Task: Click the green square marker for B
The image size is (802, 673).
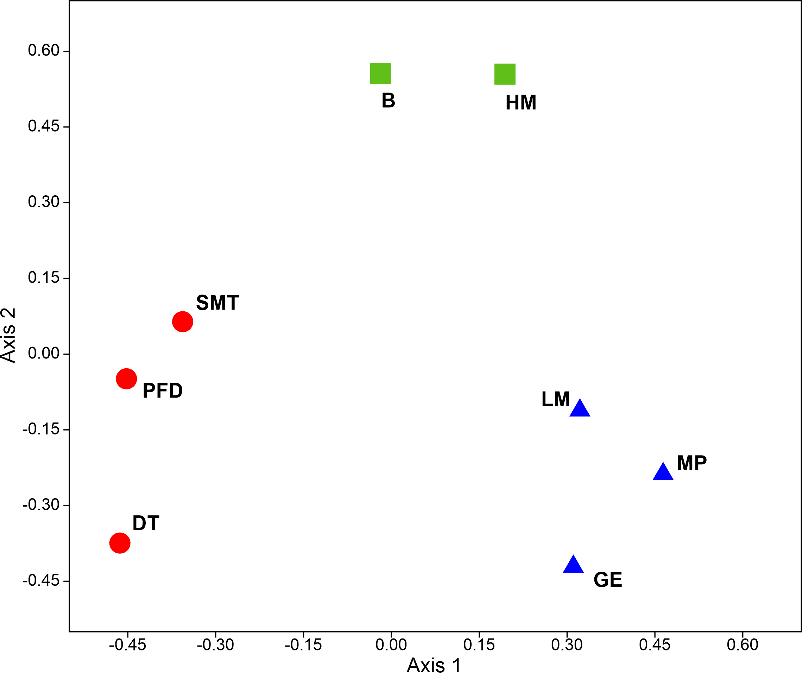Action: (380, 73)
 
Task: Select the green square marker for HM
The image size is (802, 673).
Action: (505, 74)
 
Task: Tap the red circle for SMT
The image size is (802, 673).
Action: (183, 322)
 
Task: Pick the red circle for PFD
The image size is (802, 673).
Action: (126, 379)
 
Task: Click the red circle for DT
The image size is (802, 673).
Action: (120, 543)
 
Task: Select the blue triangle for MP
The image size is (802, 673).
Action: (663, 472)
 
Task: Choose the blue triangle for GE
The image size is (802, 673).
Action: (573, 565)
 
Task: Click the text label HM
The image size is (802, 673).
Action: (521, 103)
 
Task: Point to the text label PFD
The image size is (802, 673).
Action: (163, 391)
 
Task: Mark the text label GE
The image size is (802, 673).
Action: (608, 580)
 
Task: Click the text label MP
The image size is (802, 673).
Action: (692, 463)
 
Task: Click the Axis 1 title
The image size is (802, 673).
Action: (434, 665)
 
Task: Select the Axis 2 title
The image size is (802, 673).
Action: (8, 335)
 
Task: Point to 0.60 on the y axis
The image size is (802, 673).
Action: (44, 50)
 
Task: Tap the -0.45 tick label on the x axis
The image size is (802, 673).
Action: (127, 645)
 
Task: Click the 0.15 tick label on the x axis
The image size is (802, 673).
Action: (479, 645)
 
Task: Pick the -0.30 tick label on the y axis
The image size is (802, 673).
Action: (41, 505)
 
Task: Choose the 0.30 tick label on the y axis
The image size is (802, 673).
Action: (44, 202)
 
